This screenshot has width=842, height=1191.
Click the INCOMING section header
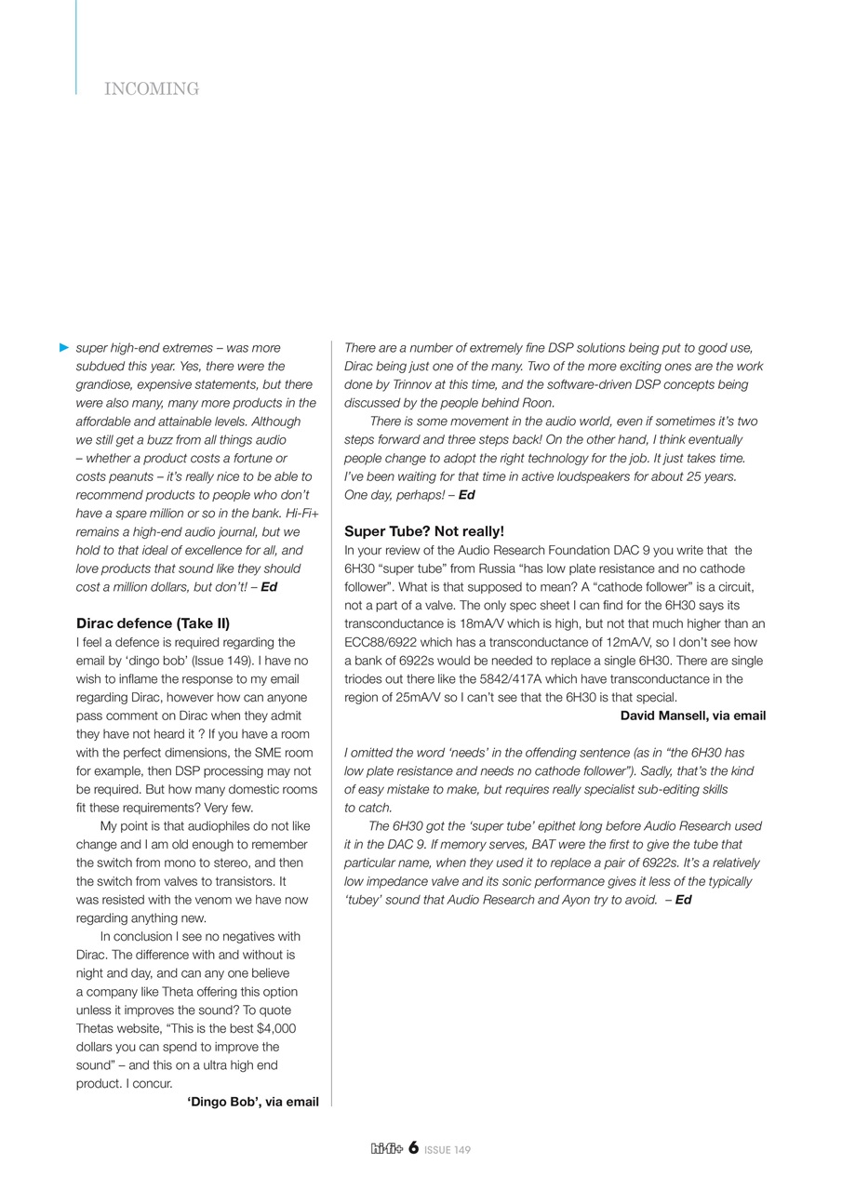coord(152,89)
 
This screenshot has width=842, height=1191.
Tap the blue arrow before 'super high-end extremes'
coord(64,348)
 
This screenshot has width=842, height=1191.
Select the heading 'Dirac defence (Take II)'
coord(153,623)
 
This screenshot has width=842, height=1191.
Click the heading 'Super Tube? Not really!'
coord(424,531)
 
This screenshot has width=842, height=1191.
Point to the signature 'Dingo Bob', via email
coord(253,1102)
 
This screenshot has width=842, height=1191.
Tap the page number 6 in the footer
coord(413,1148)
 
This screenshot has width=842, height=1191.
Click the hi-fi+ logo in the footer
coord(386,1149)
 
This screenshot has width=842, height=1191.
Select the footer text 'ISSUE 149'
coord(448,1150)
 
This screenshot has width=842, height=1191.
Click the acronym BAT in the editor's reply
coord(547,845)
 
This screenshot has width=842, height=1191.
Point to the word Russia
coord(502,569)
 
